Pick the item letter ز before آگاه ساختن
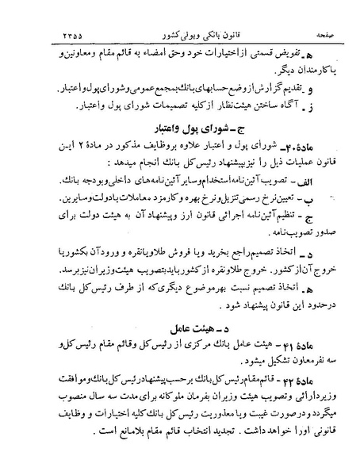pos(317,105)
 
